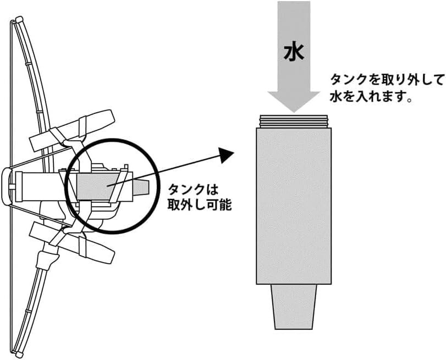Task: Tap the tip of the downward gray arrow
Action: [x=294, y=112]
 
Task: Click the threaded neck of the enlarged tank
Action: [x=294, y=121]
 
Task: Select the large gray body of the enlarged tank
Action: [x=294, y=206]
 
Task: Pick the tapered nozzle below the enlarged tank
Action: [x=294, y=307]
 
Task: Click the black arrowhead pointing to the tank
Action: [x=227, y=154]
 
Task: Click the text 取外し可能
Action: [x=200, y=204]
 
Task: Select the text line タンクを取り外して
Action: [x=387, y=80]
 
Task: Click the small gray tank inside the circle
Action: [x=98, y=187]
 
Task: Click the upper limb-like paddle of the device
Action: [x=72, y=130]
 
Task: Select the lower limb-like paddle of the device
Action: [x=72, y=243]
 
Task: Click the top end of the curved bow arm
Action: [x=19, y=20]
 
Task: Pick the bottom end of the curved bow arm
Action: [x=19, y=355]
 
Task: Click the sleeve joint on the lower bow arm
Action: [x=46, y=259]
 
